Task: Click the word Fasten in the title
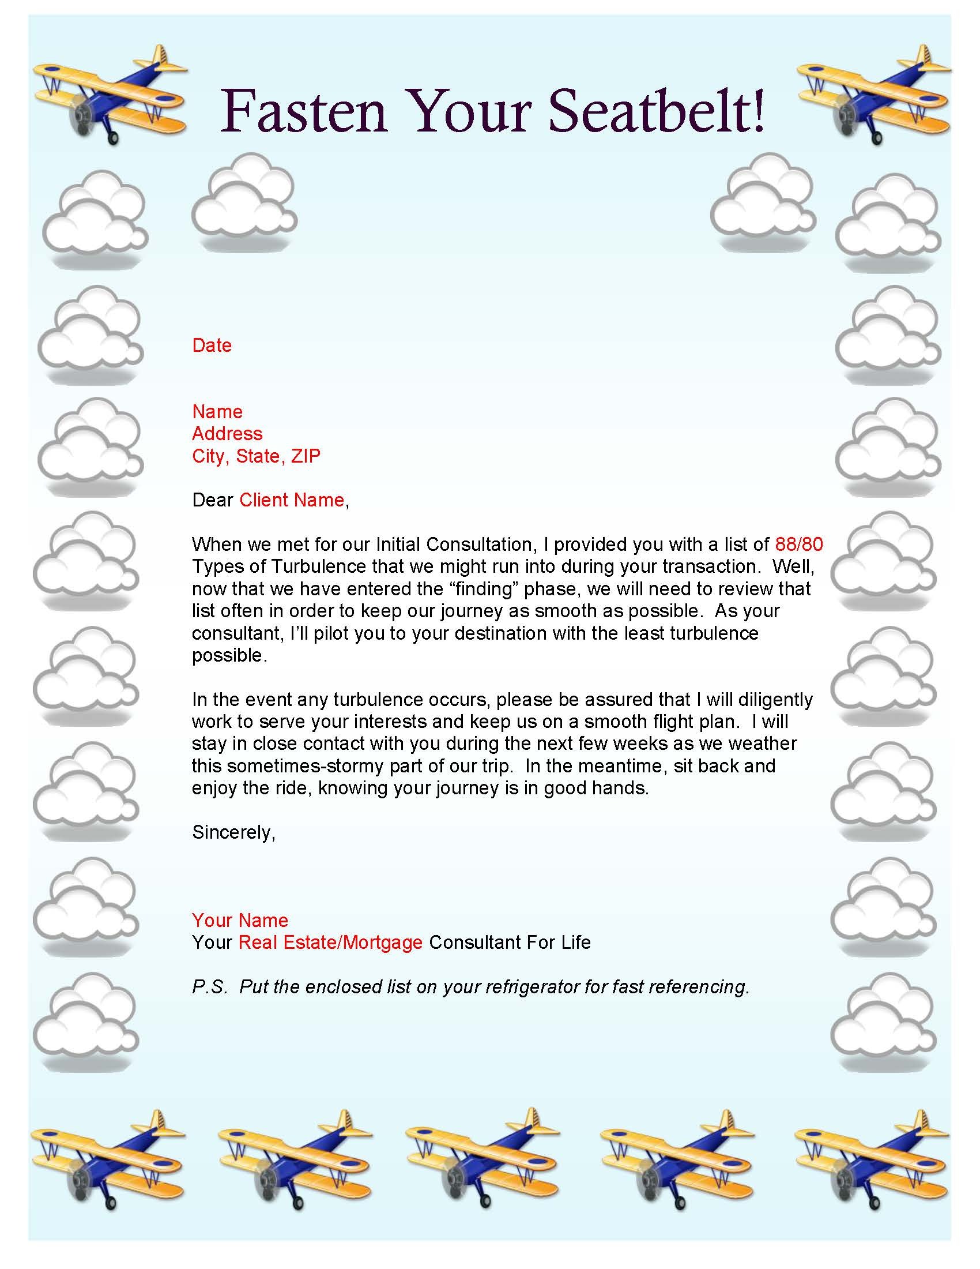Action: click(303, 110)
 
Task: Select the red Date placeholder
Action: click(212, 345)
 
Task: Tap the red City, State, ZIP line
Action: click(256, 456)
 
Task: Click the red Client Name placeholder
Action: click(292, 500)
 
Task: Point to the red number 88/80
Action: click(799, 544)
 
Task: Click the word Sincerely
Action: click(233, 832)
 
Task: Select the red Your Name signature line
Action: click(240, 920)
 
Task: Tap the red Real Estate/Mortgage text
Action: click(330, 942)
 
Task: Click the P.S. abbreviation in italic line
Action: click(210, 986)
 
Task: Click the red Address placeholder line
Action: click(227, 433)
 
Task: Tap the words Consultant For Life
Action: click(510, 942)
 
